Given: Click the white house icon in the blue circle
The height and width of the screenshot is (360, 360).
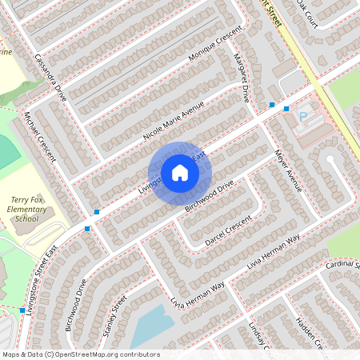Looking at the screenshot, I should click(x=179, y=172).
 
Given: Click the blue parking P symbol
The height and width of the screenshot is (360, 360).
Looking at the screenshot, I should click(x=303, y=117).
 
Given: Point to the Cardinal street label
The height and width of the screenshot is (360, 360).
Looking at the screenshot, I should click(x=342, y=264).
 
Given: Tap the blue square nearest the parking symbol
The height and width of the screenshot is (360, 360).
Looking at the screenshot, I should click(x=286, y=108).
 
